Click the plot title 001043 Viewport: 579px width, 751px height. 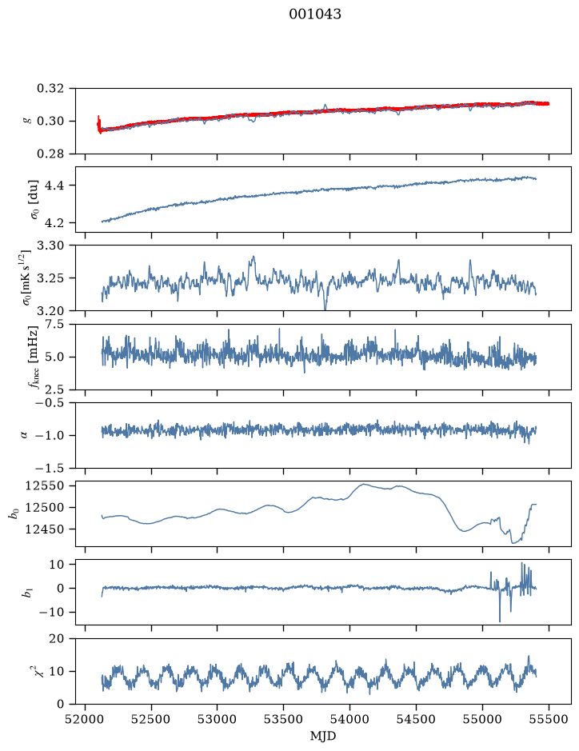(314, 14)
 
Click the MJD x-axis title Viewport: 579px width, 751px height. (323, 736)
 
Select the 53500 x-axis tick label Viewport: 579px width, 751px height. (284, 719)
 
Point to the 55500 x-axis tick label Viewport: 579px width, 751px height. (549, 719)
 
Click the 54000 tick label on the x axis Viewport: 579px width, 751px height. (349, 719)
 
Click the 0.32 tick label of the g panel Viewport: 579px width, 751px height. (50, 89)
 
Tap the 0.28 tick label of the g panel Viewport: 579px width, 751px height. (50, 154)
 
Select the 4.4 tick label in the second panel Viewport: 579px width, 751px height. (54, 186)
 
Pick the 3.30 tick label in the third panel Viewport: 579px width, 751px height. (50, 246)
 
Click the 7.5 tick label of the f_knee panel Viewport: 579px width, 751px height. (54, 324)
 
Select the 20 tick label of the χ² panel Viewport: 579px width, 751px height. (57, 638)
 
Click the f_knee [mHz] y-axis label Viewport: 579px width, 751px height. (33, 357)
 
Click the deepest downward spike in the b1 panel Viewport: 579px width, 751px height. (500, 621)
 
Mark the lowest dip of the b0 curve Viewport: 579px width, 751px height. (513, 543)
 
